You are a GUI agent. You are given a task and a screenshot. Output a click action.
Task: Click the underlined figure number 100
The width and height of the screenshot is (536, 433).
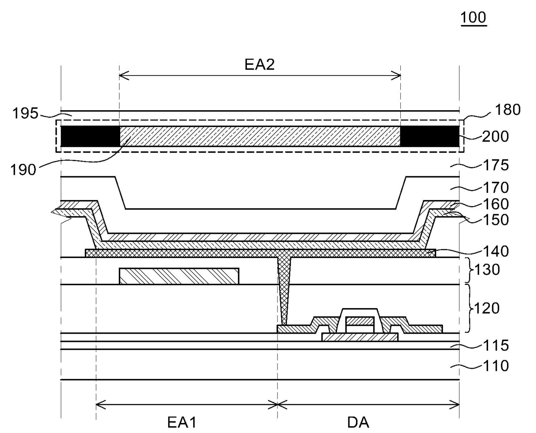pos(473,18)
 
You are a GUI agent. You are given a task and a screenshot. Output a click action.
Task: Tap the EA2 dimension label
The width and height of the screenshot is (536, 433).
pos(259,64)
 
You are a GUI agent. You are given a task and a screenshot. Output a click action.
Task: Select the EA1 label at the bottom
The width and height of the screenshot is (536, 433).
pos(182,422)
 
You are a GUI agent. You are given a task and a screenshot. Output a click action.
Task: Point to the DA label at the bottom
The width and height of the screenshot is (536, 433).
pos(358,423)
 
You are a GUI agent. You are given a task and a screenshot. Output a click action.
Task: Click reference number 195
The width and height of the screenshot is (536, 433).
pos(26,113)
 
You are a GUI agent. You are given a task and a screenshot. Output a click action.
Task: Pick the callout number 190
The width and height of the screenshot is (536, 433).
pos(23,170)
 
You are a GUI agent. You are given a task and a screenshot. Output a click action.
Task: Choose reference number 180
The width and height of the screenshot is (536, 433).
pos(508,110)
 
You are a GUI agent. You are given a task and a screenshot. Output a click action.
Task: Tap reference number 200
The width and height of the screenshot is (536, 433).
pos(495,137)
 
